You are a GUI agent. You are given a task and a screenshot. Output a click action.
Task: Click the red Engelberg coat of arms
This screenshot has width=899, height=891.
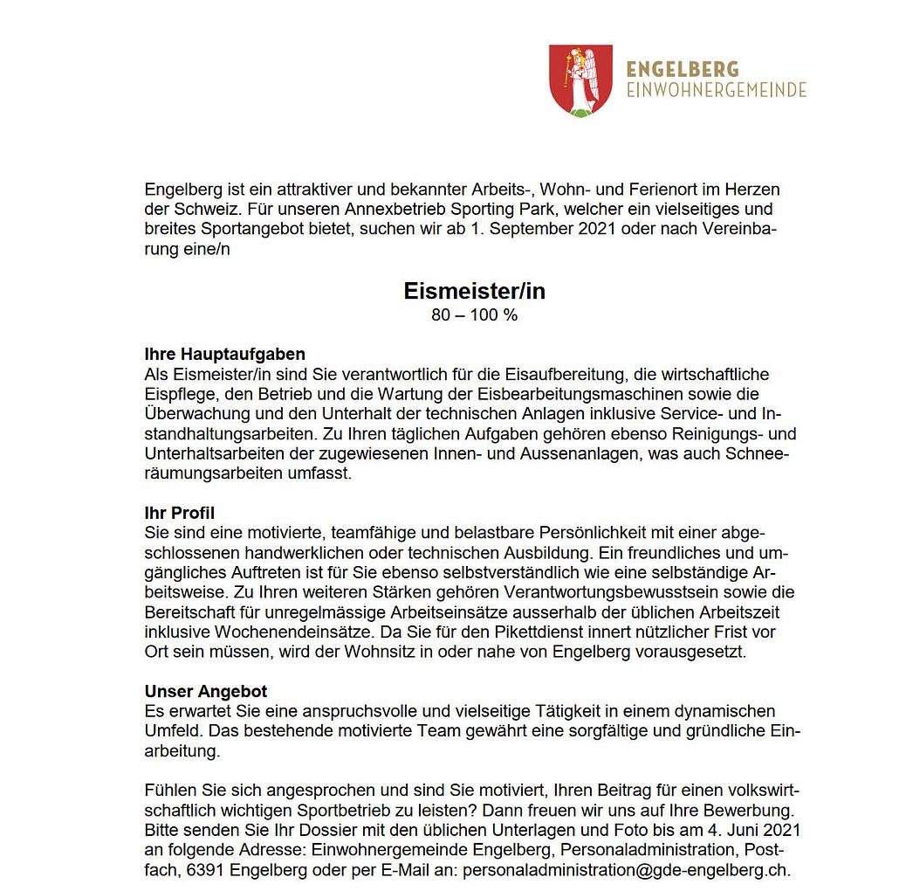point(580,80)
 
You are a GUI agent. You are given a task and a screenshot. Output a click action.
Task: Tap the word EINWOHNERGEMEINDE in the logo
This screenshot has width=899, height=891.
point(716,90)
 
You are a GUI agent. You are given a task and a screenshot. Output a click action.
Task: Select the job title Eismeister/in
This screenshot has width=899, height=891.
point(474,290)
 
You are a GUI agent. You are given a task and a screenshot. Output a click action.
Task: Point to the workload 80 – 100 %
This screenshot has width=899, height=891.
point(474,315)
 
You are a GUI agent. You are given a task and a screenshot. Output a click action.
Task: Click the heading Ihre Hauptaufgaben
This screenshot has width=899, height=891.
point(224,355)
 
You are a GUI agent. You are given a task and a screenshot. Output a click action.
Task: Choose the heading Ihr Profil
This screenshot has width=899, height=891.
point(179,513)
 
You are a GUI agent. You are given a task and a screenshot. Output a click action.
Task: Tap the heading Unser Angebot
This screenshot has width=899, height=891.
point(205,692)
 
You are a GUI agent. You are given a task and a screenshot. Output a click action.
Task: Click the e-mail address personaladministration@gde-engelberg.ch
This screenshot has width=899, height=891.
point(626,870)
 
